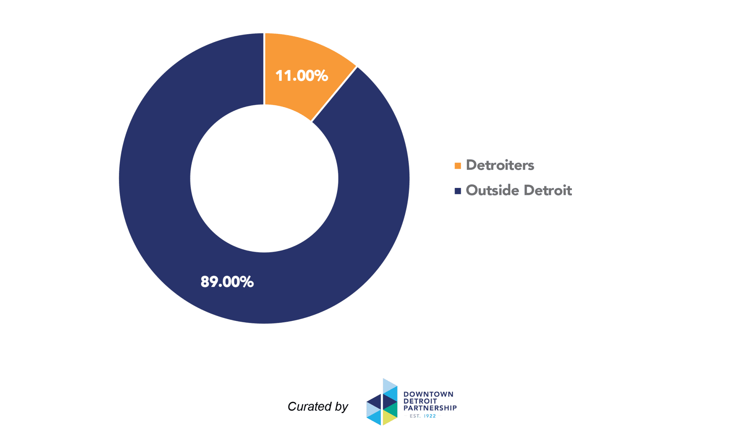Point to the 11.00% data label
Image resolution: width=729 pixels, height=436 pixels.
pyautogui.click(x=302, y=76)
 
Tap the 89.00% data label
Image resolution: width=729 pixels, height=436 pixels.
pyautogui.click(x=227, y=282)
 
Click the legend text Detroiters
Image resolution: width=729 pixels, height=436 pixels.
pyautogui.click(x=500, y=165)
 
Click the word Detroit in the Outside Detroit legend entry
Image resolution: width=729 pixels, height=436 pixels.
pyautogui.click(x=548, y=190)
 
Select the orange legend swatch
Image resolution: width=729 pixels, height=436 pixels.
pyautogui.click(x=458, y=166)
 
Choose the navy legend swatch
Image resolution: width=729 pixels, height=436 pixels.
pyautogui.click(x=458, y=191)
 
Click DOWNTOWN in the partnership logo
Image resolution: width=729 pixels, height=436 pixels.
pyautogui.click(x=428, y=394)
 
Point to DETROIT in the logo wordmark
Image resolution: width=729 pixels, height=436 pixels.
pyautogui.click(x=420, y=401)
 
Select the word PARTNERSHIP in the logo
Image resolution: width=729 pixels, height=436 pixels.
pyautogui.click(x=430, y=408)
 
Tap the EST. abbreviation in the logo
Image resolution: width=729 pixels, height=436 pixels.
pyautogui.click(x=415, y=416)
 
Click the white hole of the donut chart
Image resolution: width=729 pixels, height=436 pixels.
pyautogui.click(x=264, y=178)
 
